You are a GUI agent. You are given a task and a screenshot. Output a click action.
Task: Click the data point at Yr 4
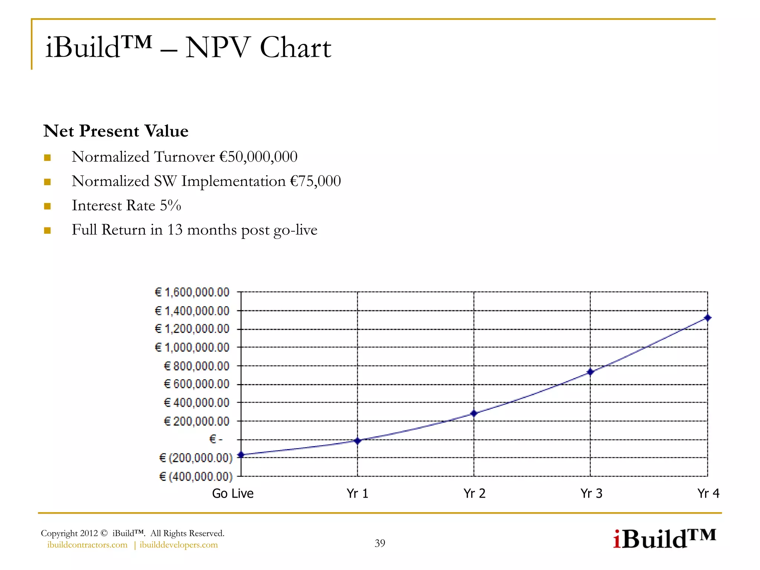[x=707, y=318]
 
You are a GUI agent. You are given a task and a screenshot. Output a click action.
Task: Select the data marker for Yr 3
[x=590, y=372]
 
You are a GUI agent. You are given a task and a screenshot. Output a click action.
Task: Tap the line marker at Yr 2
[x=474, y=413]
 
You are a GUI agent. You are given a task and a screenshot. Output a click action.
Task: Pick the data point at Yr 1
[x=357, y=441]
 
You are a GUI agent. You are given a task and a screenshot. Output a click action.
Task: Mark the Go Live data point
[x=241, y=455]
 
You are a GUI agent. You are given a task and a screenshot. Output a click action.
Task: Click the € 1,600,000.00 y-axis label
[x=192, y=292]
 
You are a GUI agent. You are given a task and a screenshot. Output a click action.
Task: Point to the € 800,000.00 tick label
[x=197, y=366]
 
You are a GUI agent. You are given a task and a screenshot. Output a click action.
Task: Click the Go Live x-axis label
[x=233, y=494]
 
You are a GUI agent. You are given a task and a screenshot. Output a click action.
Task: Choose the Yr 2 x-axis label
[x=474, y=494]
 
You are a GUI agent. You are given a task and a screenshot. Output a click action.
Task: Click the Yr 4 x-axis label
[x=708, y=494]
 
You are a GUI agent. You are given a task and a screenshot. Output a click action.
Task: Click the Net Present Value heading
[x=116, y=131]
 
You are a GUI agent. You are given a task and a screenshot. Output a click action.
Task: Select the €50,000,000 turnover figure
[x=258, y=157]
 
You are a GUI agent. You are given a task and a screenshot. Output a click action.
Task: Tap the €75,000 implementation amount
[x=315, y=181]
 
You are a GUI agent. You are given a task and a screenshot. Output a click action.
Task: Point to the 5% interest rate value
[x=170, y=206]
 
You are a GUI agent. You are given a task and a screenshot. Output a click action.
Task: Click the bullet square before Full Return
[x=47, y=230]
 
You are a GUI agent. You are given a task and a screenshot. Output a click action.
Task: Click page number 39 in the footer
[x=380, y=543]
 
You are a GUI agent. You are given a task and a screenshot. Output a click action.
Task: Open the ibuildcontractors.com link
[x=87, y=545]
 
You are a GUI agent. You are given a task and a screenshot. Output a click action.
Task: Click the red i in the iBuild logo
[x=617, y=540]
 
